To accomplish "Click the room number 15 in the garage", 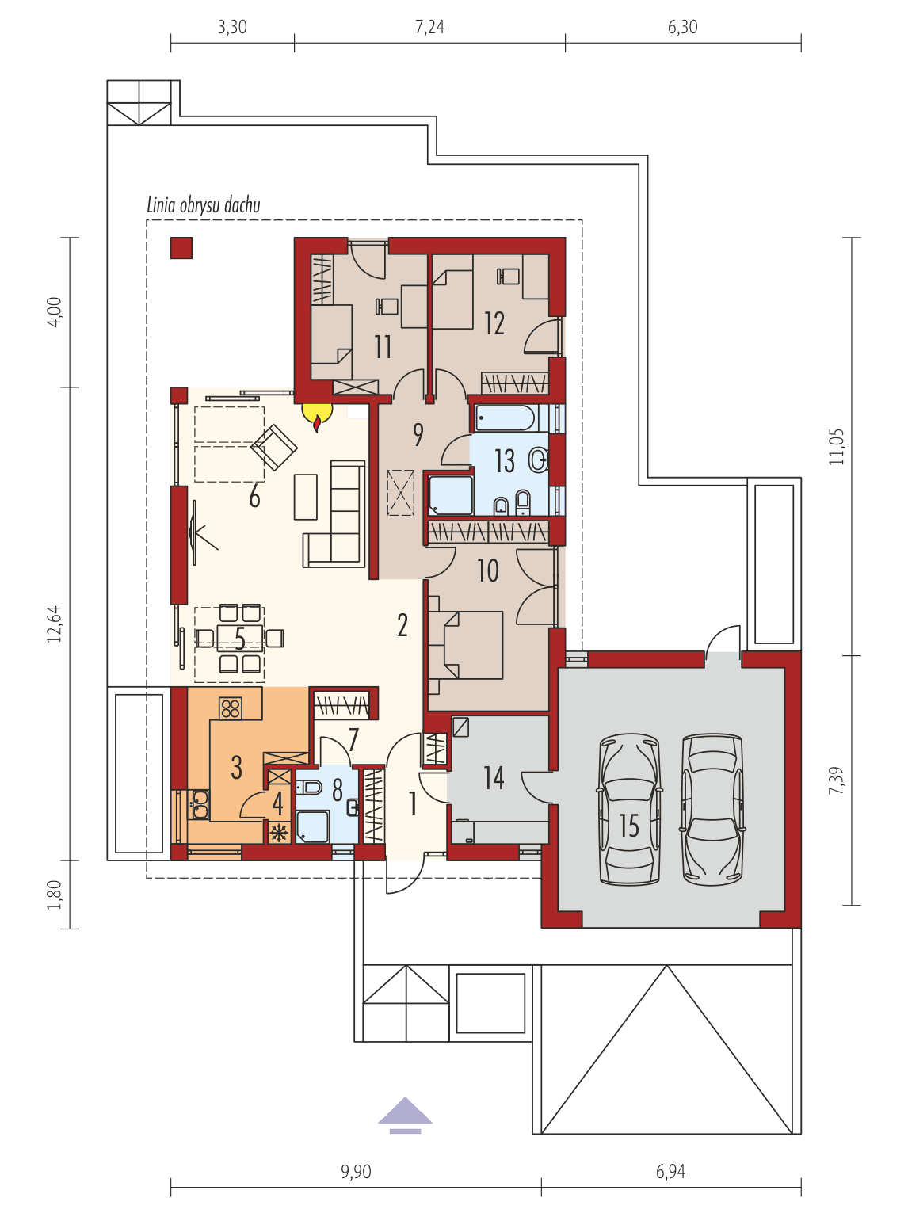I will point(629,825).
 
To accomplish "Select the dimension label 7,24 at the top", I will point(429,27).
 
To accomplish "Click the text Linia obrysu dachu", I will point(204,205).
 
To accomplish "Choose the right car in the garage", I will point(712,808).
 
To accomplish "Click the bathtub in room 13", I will point(505,417).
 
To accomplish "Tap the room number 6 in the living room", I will point(254,497).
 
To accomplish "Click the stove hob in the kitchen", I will point(231,708).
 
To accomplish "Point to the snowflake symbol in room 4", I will point(278,833).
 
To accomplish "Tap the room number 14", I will point(494,778).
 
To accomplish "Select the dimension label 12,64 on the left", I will point(54,624).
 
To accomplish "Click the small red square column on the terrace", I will point(181,248).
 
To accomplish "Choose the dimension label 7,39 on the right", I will point(836,780).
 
